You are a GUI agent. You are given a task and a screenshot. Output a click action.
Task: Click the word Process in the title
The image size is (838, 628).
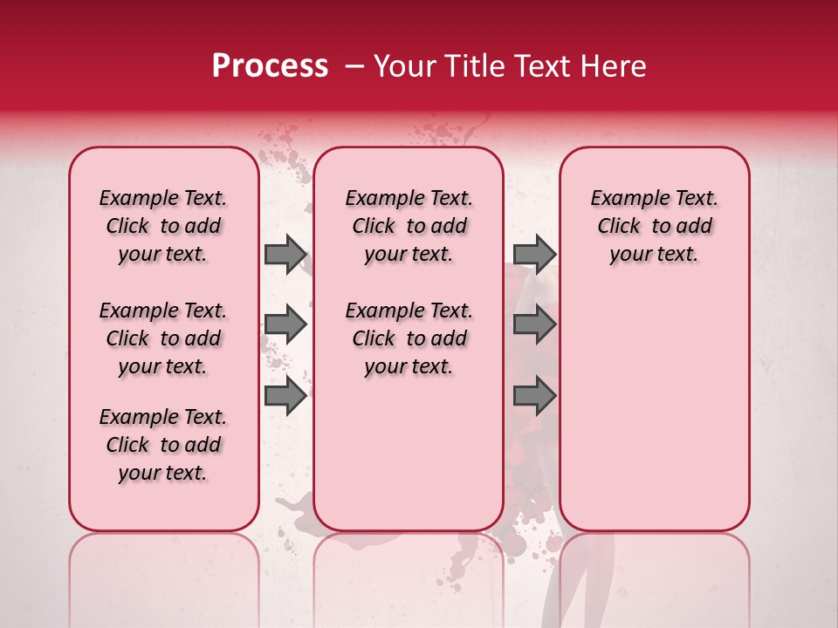pyautogui.click(x=270, y=66)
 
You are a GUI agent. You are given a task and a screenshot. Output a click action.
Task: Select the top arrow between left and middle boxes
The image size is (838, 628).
pyautogui.click(x=285, y=254)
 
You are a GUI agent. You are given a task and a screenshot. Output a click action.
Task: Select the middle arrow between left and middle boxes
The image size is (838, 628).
pyautogui.click(x=285, y=325)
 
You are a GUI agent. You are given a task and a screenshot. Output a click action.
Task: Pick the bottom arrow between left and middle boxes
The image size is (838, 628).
pyautogui.click(x=285, y=397)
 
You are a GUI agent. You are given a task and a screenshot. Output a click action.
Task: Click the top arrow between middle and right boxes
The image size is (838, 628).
pyautogui.click(x=534, y=254)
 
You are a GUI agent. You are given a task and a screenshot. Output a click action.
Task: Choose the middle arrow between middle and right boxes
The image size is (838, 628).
pyautogui.click(x=534, y=325)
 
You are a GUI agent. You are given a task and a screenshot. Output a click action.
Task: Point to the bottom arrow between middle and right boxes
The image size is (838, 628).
pyautogui.click(x=534, y=397)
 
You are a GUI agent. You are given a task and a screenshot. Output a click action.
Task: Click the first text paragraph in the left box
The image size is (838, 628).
pyautogui.click(x=163, y=226)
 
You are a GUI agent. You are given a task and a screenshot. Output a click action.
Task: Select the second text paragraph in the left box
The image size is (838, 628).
pyautogui.click(x=163, y=338)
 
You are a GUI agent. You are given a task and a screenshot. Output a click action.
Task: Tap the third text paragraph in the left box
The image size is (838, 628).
pyautogui.click(x=163, y=445)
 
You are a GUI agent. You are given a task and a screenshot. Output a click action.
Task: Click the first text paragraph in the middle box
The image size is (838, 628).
pyautogui.click(x=409, y=226)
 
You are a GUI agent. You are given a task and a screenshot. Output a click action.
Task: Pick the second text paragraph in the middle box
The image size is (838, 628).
pyautogui.click(x=409, y=338)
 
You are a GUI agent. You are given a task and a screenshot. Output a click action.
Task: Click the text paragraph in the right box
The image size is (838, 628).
pyautogui.click(x=654, y=226)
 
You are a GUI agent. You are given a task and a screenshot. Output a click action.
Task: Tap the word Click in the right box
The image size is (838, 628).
pyautogui.click(x=619, y=227)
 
